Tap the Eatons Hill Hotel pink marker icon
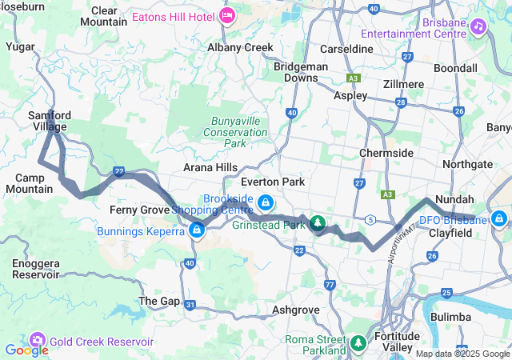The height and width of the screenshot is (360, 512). point(227,14)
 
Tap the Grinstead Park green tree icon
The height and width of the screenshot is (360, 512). point(318,222)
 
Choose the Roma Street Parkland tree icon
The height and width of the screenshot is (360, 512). point(359,345)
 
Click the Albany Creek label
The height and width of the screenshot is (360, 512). point(240,48)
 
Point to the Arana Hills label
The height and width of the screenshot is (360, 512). point(210,167)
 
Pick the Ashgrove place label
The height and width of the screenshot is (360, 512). point(296,308)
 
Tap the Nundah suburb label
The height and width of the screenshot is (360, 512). point(454,199)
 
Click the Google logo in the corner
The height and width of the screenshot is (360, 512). point(26,350)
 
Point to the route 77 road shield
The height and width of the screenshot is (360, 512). point(330,285)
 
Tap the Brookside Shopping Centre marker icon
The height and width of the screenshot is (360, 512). point(265,203)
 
